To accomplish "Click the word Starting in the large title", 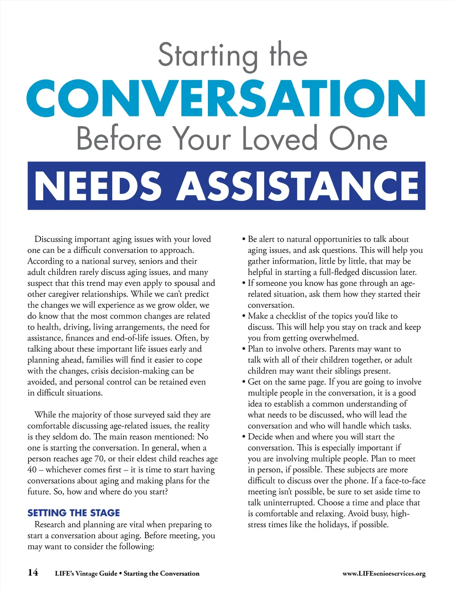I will coord(207,56).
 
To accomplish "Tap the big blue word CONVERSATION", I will coord(226,98).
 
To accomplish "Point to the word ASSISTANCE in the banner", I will coord(298,186).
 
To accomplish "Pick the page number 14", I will coord(33,572).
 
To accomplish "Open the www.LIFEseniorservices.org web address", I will coord(384,574).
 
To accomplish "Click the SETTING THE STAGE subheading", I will coord(73,513).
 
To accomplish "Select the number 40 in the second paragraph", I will coord(32,470).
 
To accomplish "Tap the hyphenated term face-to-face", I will coord(403,481).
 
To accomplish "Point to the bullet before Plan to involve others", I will coord(244,349).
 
